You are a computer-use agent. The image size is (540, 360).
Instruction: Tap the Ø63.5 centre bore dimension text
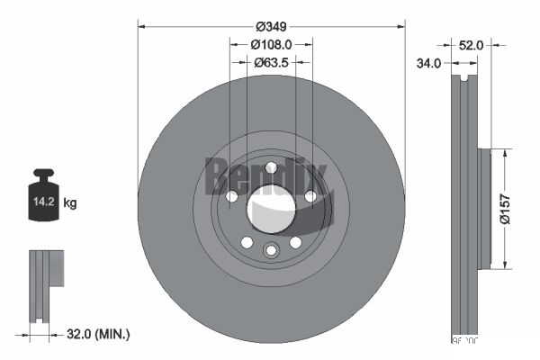click(271, 62)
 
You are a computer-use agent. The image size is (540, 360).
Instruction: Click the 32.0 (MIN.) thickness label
click(99, 334)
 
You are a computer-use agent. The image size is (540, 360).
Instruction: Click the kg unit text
click(70, 203)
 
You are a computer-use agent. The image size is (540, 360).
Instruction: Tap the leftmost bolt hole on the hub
click(231, 197)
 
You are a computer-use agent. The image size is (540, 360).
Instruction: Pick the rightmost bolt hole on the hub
click(310, 196)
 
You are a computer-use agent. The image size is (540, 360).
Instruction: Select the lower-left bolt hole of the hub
click(247, 242)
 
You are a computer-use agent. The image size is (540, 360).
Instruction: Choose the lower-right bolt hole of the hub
click(295, 242)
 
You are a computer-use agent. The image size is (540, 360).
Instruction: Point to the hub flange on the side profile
click(483, 208)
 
